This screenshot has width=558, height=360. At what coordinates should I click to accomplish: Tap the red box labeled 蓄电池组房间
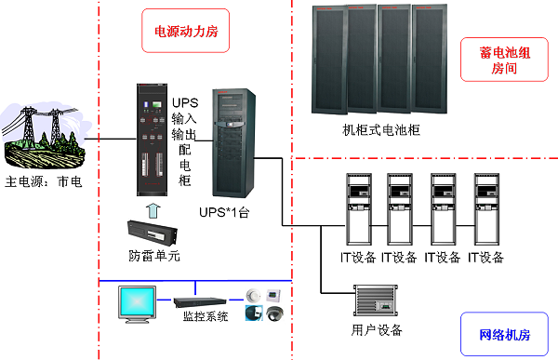click(x=504, y=62)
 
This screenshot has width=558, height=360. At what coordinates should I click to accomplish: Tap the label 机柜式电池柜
click(x=380, y=131)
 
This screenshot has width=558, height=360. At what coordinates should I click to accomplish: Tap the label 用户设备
click(x=376, y=329)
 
